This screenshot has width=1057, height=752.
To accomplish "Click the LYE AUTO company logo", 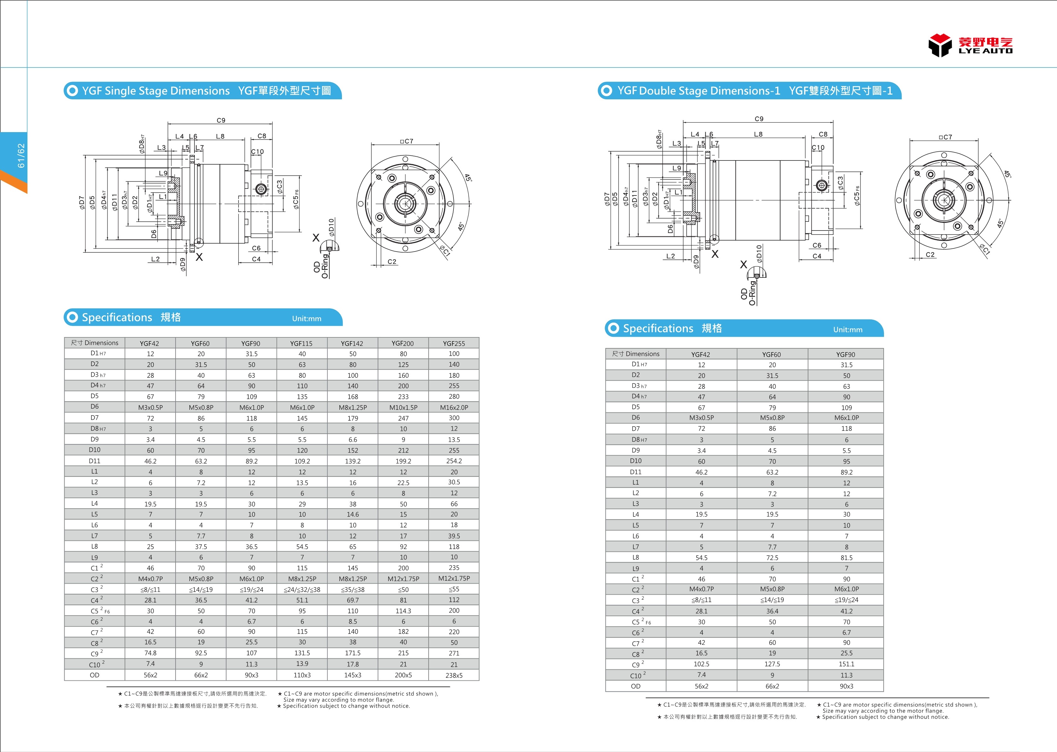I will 970,45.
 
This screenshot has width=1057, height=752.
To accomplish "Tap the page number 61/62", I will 21,155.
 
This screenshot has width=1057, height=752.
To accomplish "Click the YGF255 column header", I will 453,343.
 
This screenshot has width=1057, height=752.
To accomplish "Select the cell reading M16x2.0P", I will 453,407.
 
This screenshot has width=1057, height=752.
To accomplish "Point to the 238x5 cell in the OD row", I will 453,675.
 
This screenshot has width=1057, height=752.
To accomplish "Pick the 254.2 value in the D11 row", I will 453,461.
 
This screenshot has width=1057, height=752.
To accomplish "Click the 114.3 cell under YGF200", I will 403,611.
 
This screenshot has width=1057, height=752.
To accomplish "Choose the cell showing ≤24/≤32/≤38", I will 302,590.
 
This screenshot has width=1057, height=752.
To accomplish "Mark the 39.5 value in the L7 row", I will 453,536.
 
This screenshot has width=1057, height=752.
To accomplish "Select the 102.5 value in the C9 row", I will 701,664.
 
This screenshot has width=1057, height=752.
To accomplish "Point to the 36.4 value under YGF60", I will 772,611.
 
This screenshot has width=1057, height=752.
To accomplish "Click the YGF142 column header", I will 352,343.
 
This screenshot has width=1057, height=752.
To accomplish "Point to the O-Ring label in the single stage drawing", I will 325,266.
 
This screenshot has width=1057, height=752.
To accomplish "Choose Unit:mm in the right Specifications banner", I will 847,330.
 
